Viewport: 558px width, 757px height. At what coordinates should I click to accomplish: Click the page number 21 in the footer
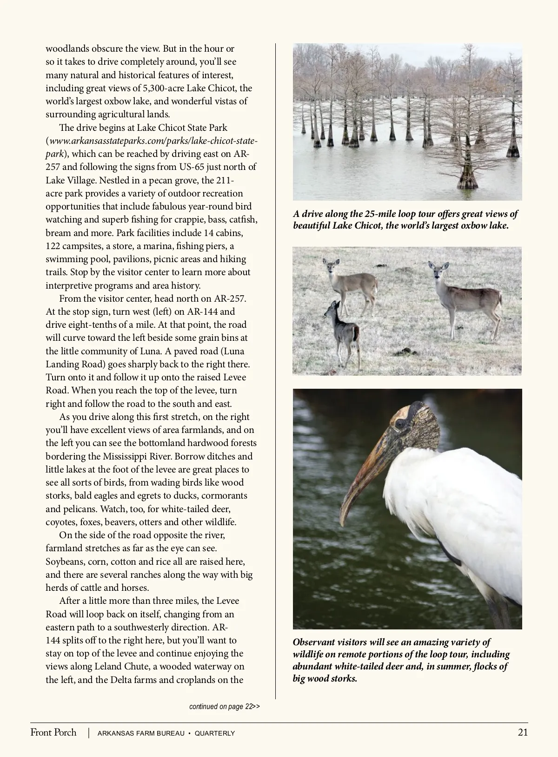click(523, 732)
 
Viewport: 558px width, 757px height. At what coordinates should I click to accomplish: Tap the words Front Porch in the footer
click(53, 732)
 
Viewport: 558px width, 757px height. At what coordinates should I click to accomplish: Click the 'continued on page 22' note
click(224, 706)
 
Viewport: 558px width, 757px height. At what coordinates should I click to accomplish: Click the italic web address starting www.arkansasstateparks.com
click(153, 141)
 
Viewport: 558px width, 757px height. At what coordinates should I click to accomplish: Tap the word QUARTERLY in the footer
click(215, 733)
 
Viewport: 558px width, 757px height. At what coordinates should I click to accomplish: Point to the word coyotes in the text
click(61, 522)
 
